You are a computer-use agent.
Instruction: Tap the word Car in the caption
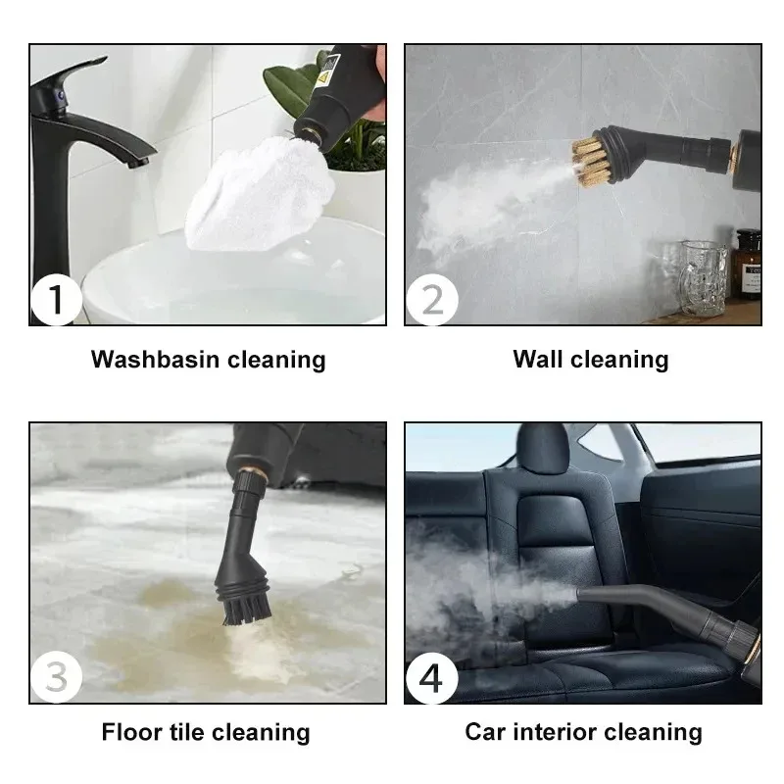point(487,732)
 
